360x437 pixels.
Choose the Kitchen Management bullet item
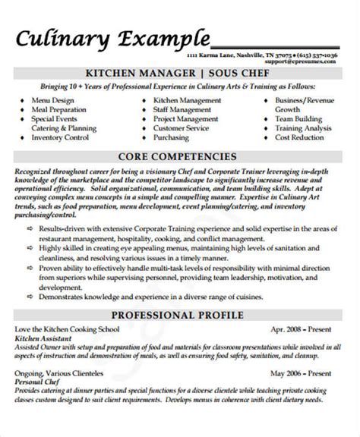[188, 100]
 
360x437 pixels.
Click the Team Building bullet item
[299, 118]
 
